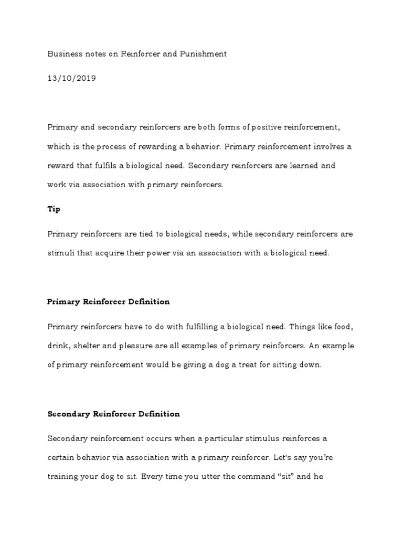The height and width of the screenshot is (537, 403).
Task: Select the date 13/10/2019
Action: (x=72, y=79)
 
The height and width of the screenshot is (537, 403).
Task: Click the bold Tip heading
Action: (x=54, y=209)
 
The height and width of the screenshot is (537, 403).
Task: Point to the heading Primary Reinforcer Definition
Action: (x=108, y=302)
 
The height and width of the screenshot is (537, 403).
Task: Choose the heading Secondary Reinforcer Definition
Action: (x=113, y=414)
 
